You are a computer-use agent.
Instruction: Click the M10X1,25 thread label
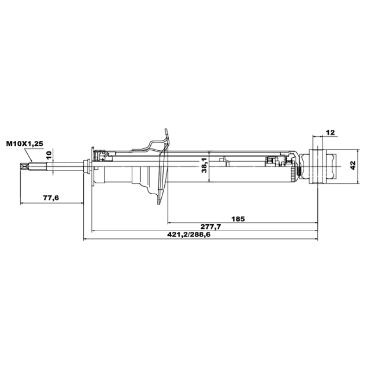tap(25, 144)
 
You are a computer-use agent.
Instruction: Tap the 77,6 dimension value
tap(51, 198)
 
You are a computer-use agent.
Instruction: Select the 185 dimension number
tap(238, 219)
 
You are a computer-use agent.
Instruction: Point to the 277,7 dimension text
tap(211, 227)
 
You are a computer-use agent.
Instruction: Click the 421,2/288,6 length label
tap(189, 234)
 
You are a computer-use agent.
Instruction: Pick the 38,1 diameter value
tap(204, 166)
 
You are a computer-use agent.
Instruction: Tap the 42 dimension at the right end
tap(353, 165)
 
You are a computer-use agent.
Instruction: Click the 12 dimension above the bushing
tap(330, 133)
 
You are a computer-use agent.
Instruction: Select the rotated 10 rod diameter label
tap(49, 155)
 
